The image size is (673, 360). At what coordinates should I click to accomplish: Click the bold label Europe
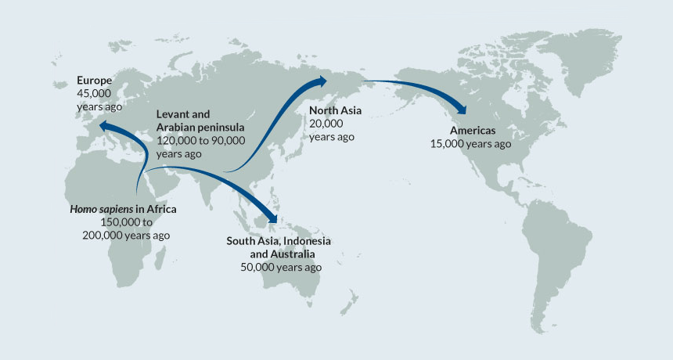(x=95, y=81)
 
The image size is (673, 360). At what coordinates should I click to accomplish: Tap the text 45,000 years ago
(x=100, y=99)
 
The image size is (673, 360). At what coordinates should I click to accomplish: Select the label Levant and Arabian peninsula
(x=200, y=120)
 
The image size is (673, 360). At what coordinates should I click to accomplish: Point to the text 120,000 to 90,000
(x=201, y=140)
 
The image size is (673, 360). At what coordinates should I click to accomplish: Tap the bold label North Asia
(x=335, y=110)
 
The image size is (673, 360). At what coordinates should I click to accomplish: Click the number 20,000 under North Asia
(x=326, y=124)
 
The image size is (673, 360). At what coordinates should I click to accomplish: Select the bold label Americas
(x=473, y=130)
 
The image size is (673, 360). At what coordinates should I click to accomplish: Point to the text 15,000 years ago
(x=470, y=144)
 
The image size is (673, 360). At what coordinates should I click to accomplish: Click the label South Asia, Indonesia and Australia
(x=279, y=247)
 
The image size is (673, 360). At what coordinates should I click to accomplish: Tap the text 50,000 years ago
(x=281, y=267)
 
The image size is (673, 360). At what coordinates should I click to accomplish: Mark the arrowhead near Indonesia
(x=274, y=216)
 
